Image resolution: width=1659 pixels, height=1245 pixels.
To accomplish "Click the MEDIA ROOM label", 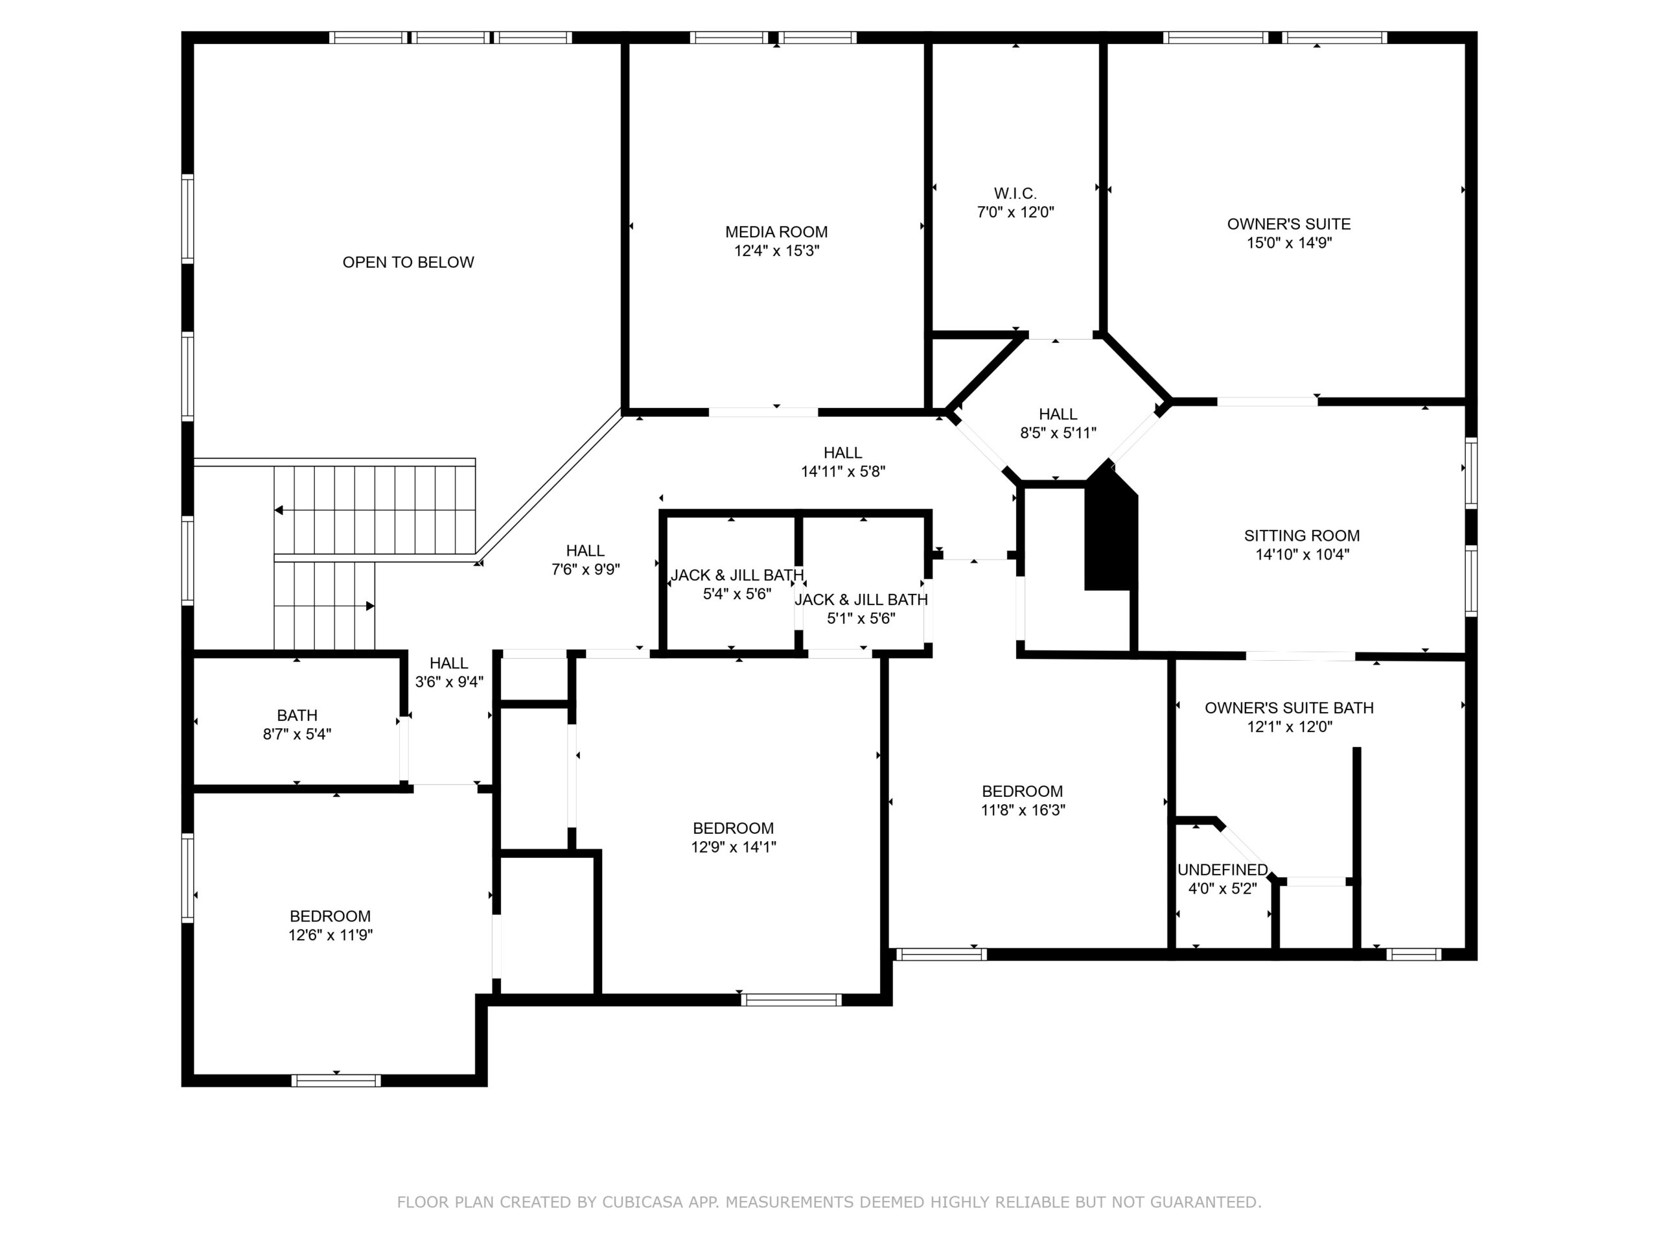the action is tap(776, 232).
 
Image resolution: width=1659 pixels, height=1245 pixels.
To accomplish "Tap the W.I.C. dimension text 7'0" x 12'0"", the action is tap(1015, 213).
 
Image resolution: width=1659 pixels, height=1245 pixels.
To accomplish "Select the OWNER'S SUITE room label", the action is tap(1289, 224).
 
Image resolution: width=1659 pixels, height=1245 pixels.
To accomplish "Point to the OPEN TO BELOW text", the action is tap(408, 262).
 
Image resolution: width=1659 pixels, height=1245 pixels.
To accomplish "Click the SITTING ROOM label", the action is tap(1302, 536).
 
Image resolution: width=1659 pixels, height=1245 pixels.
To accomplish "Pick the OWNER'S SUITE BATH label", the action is tap(1289, 707).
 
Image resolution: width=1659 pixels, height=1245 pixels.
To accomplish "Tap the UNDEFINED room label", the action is tap(1222, 870).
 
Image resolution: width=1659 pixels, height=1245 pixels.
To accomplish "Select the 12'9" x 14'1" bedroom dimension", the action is tap(734, 848).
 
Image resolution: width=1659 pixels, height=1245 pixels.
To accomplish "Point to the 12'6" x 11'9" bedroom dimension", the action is tap(331, 935).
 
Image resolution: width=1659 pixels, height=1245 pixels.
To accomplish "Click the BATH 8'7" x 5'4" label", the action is tap(297, 725).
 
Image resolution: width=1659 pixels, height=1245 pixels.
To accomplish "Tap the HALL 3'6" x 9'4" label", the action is tap(449, 672).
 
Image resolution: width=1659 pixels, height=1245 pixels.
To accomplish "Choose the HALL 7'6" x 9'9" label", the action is tap(586, 560).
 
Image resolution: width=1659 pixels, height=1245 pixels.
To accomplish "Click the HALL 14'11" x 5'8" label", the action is tap(843, 462).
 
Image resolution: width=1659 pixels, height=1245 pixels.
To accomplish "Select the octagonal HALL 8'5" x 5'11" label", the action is tap(1058, 423).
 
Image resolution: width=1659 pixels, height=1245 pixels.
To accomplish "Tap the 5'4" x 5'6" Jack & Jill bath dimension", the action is tap(737, 595).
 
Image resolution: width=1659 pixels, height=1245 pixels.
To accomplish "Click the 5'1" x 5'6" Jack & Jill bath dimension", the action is tap(861, 619).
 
